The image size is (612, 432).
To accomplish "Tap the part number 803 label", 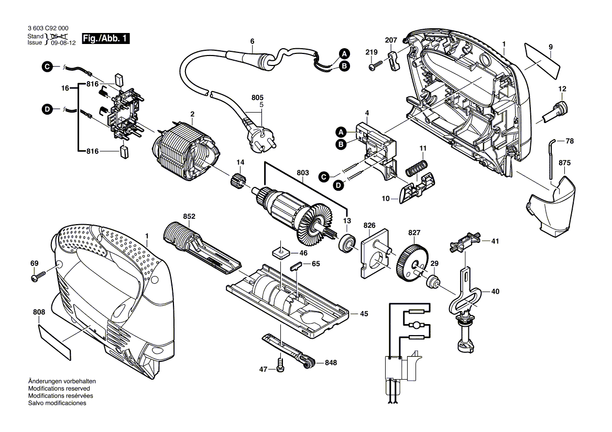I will (303, 172).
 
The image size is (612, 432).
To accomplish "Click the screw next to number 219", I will (375, 67).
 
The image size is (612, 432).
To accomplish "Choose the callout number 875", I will (564, 163).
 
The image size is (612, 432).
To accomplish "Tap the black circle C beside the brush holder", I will (47, 67).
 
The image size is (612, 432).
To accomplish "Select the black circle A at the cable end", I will (344, 53).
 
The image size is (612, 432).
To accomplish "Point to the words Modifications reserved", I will (59, 389).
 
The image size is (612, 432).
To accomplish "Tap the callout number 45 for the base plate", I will (363, 314).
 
